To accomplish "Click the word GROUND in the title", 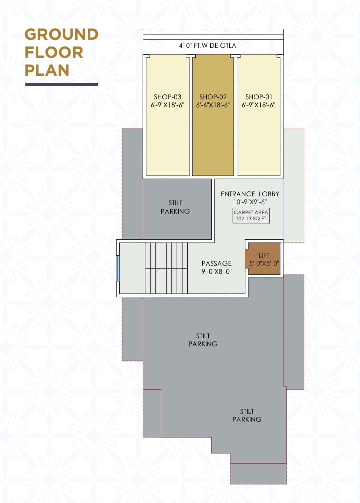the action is tap(61, 34).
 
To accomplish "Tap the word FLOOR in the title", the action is tap(54, 52).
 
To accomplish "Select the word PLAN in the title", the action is tap(47, 70).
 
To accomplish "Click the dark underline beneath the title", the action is tap(62, 84).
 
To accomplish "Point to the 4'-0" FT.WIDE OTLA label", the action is tap(207, 46).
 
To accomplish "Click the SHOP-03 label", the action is tap(167, 97).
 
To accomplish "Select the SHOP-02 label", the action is tap(213, 97).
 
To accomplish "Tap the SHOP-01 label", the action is tap(259, 97).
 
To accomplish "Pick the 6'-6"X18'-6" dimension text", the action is tap(213, 105).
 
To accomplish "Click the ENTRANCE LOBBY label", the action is tap(250, 194).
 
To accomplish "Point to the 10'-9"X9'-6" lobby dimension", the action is tap(250, 202).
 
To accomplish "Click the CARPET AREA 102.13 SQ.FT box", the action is tap(251, 215).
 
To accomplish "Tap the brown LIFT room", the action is tap(263, 259).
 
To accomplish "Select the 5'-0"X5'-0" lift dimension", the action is tap(264, 264).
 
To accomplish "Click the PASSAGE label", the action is tap(217, 263).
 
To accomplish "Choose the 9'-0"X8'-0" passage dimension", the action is tap(217, 271).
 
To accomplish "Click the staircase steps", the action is tap(166, 268).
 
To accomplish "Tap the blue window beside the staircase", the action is tap(118, 268).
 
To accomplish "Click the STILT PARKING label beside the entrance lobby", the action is tap(175, 207).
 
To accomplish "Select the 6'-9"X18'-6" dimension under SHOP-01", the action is tap(259, 105).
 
